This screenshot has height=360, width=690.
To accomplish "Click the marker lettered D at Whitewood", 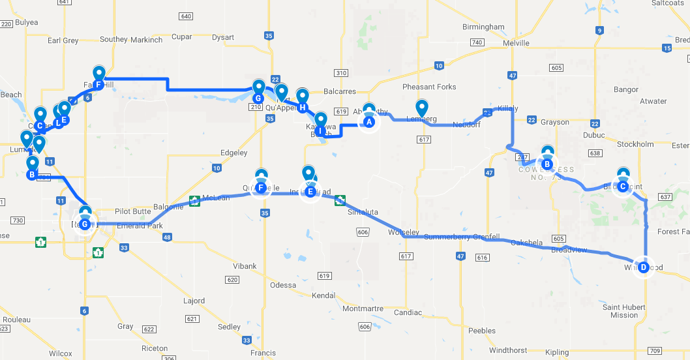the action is click(x=644, y=266).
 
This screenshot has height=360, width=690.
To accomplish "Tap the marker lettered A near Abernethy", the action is click(x=369, y=121).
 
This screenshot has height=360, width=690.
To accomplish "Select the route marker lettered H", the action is click(x=302, y=107).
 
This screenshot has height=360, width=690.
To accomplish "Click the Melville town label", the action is click(x=517, y=43).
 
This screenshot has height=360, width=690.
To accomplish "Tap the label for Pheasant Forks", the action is click(x=429, y=87).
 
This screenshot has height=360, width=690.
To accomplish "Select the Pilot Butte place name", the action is click(x=133, y=211).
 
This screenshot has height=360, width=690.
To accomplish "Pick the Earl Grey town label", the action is click(x=63, y=40).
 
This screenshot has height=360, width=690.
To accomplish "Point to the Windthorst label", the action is click(x=508, y=350).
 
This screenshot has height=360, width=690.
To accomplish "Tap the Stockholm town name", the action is click(x=635, y=144).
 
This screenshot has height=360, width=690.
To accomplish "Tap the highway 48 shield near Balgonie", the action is click(x=167, y=237).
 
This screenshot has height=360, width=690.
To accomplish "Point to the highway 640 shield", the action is click(x=186, y=16).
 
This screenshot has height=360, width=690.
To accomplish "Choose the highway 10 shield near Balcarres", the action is click(x=439, y=65).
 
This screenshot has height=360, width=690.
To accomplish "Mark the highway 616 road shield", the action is click(x=482, y=258).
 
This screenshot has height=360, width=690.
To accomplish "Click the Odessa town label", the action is click(x=283, y=285).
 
